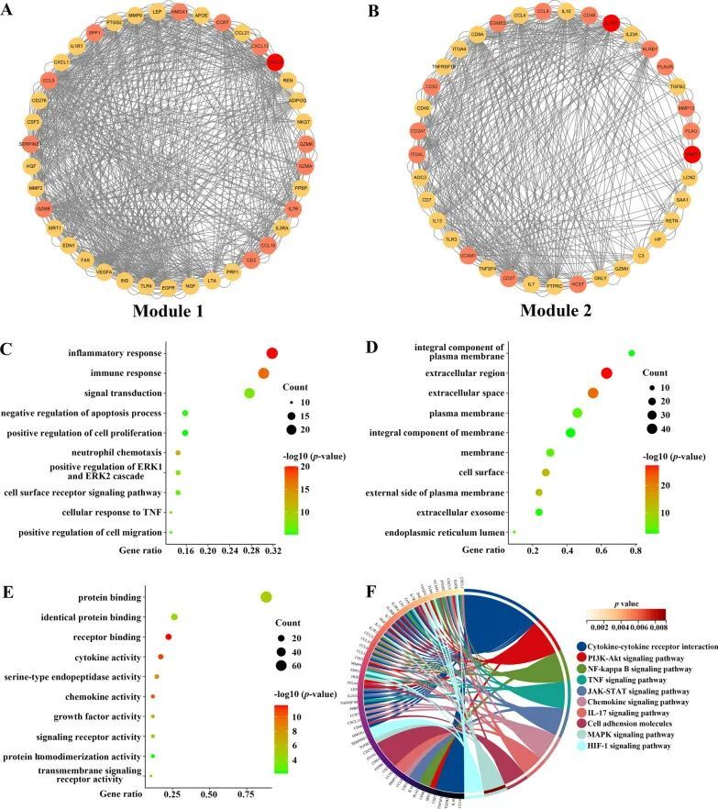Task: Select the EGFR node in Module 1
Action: click(169, 287)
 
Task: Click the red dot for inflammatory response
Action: click(272, 353)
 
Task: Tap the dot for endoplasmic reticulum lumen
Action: click(514, 532)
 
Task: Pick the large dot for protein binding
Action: click(266, 597)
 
